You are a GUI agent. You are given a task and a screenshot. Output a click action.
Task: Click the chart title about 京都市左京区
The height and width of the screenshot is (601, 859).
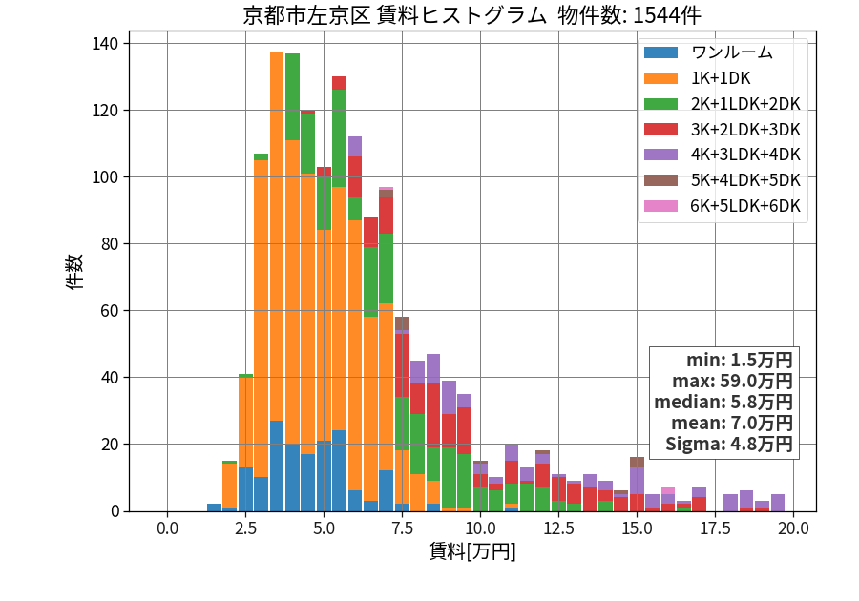(x=471, y=15)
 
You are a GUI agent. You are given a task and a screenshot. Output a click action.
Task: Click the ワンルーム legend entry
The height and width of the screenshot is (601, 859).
(x=708, y=52)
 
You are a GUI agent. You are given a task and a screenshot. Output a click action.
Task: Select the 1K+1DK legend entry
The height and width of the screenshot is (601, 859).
(x=698, y=78)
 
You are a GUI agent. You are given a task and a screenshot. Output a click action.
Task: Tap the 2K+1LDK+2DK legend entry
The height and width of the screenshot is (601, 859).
(x=723, y=103)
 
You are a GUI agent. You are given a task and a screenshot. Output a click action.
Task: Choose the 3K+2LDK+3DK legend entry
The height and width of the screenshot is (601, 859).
(x=723, y=129)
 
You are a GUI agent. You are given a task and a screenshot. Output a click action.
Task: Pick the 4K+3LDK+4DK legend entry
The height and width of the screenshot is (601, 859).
(x=723, y=155)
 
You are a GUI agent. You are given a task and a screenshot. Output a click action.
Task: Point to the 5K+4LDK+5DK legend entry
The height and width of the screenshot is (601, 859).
(x=723, y=180)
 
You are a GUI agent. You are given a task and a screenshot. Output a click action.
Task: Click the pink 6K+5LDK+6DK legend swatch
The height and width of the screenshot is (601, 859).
(x=660, y=206)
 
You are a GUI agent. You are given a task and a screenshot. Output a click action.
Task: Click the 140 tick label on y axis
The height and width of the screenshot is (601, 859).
(x=105, y=44)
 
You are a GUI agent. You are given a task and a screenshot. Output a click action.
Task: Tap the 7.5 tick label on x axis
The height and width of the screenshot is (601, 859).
(x=402, y=528)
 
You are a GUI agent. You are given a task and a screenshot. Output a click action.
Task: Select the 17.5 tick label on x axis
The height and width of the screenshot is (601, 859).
(x=716, y=528)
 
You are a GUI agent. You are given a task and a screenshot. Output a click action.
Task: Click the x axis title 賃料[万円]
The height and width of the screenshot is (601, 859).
(x=472, y=551)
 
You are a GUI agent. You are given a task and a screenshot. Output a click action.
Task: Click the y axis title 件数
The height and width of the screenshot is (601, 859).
(x=74, y=272)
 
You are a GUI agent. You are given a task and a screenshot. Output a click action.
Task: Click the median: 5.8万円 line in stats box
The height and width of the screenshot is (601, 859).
(x=723, y=402)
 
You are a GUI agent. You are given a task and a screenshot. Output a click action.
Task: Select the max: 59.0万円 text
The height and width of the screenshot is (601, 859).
(x=732, y=381)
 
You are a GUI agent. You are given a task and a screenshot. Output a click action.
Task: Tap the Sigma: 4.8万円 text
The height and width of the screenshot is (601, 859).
(x=728, y=444)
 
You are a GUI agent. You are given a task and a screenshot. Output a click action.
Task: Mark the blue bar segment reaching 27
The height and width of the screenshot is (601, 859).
(x=277, y=466)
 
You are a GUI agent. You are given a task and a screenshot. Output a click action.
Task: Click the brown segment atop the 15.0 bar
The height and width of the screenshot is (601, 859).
(x=638, y=463)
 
